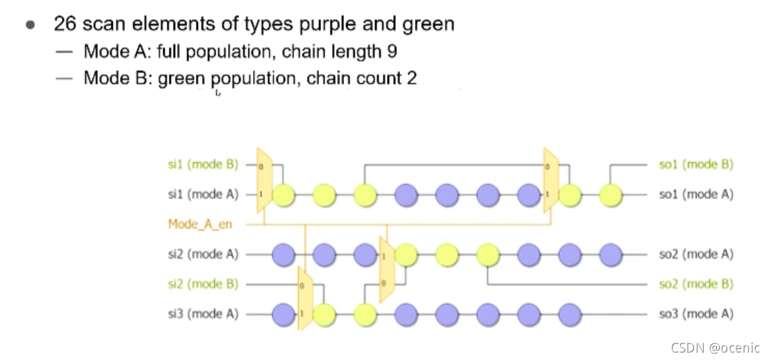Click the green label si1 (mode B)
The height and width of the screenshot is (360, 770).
click(203, 164)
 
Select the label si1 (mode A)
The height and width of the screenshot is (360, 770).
click(203, 194)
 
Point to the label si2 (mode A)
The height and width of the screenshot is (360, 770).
click(203, 254)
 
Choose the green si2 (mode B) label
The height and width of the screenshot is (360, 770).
click(203, 284)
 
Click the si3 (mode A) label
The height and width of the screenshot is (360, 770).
click(203, 314)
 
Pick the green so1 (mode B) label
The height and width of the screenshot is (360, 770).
click(696, 164)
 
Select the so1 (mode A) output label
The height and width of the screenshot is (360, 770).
click(696, 194)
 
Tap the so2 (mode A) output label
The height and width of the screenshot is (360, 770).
click(696, 254)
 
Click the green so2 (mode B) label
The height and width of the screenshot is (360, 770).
click(696, 284)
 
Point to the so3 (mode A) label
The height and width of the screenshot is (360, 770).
click(696, 314)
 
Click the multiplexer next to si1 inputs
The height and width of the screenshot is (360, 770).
click(265, 180)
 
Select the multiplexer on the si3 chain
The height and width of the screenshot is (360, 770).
click(305, 299)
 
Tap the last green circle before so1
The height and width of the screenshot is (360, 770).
click(611, 195)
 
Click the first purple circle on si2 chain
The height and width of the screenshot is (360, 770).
click(284, 255)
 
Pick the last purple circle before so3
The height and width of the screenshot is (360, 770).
click(570, 314)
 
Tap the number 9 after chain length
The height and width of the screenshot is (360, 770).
click(392, 51)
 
